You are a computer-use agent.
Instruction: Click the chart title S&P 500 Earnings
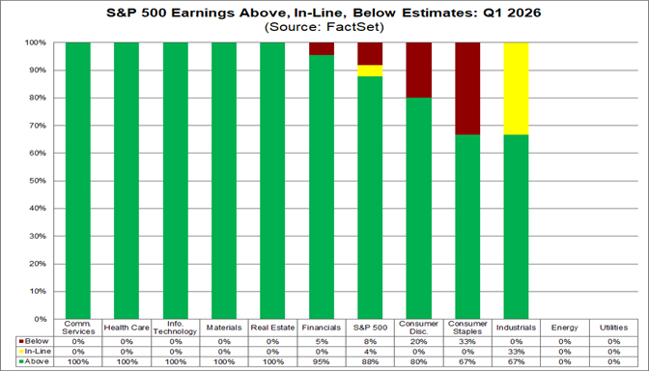[x=324, y=13]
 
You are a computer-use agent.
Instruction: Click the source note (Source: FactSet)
[x=324, y=28]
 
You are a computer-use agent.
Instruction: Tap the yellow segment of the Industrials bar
[x=517, y=89]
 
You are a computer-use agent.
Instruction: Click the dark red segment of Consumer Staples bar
[x=467, y=89]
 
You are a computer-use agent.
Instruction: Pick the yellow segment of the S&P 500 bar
[x=370, y=71]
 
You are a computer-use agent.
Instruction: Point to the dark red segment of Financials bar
[x=322, y=49]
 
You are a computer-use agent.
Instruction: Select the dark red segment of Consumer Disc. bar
[x=419, y=71]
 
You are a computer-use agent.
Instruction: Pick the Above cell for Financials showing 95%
[x=322, y=362]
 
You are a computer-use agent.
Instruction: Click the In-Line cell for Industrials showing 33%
[x=517, y=352]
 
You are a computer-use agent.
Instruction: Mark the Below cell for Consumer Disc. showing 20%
[x=419, y=341]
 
